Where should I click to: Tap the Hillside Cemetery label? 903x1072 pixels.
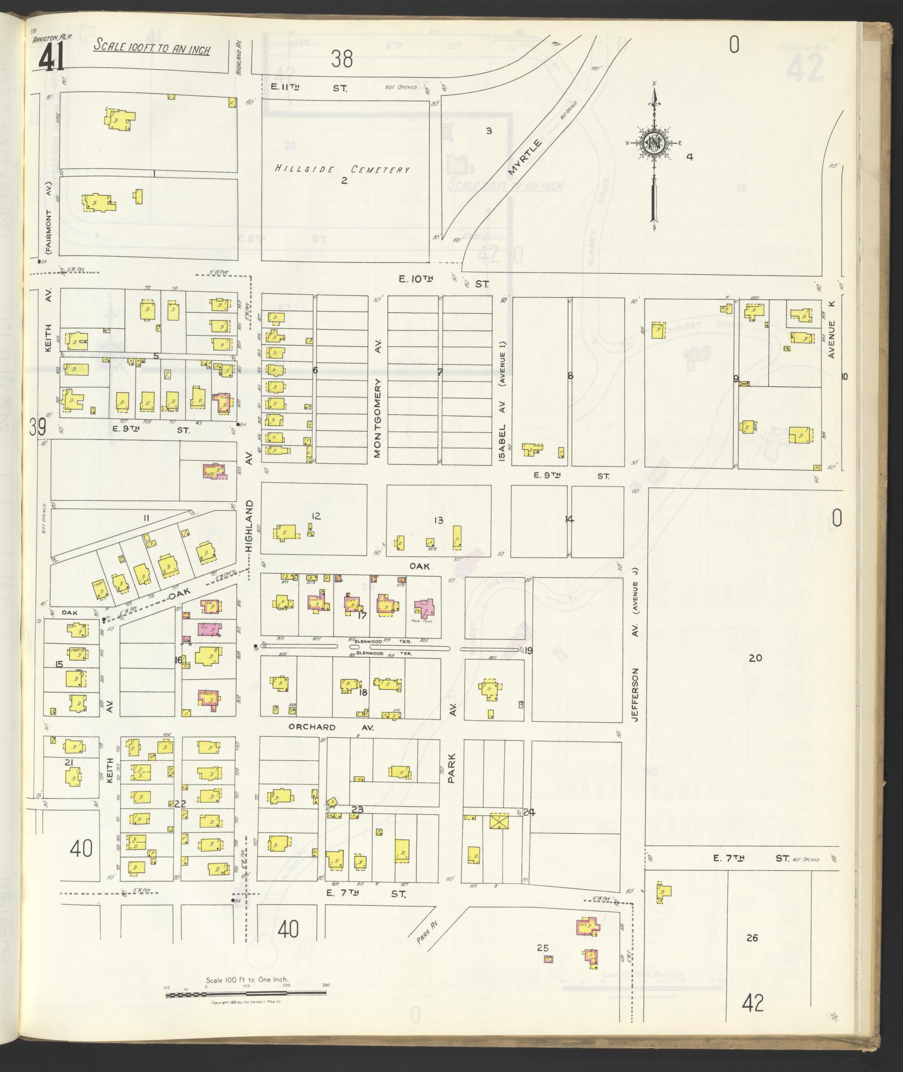342,169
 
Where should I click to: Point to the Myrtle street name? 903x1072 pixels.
526,157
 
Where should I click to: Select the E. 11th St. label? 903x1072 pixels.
308,88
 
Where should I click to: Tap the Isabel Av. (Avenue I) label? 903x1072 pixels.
503,401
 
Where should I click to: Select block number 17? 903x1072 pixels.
361,616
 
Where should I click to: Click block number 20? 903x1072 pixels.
754,658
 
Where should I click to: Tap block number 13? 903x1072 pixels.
438,520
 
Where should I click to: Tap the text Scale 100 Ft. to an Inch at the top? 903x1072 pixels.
152,48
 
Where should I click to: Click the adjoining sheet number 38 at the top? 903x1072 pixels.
342,59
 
